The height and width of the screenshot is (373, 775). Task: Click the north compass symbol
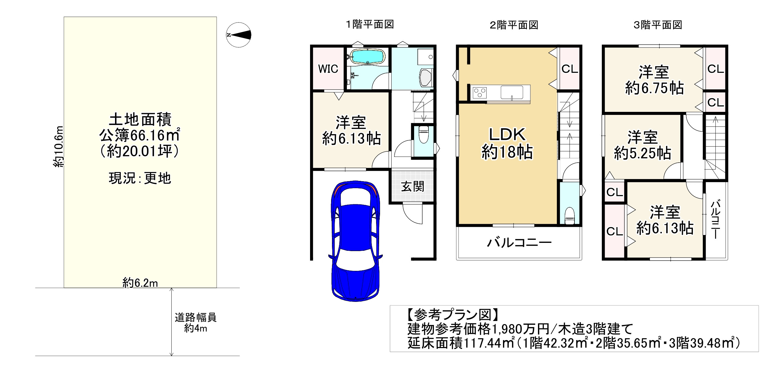point(239,35)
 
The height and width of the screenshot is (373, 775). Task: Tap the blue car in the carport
point(355,241)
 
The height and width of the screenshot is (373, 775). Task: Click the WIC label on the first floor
point(328,69)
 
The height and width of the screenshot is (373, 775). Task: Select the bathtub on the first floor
point(367,57)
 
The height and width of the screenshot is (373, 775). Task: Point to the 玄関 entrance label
point(413,187)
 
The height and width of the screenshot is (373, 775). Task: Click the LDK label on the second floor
point(507,134)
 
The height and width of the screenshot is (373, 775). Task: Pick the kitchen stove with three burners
point(479,93)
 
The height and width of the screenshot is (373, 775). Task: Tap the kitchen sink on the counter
point(512,92)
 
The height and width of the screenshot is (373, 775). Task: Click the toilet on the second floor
point(569,216)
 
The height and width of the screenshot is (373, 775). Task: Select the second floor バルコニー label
point(519,243)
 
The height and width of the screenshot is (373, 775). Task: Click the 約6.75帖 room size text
point(655,88)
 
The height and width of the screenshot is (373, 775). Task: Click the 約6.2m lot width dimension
point(140,283)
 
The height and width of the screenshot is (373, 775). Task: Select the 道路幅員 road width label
point(195,317)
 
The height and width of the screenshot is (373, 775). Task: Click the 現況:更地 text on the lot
point(140,178)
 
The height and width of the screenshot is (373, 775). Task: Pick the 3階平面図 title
point(658,25)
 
